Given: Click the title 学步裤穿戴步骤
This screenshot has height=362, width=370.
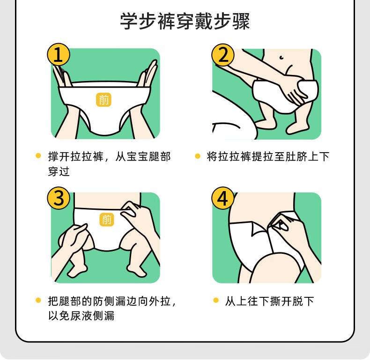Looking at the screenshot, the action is (x=185, y=21).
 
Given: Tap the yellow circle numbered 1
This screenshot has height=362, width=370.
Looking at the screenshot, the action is (x=59, y=55).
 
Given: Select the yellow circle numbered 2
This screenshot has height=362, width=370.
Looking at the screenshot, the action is (x=223, y=55).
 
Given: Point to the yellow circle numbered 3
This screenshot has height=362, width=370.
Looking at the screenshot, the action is (x=59, y=198).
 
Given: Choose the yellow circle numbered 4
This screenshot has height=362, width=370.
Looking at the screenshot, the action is (x=223, y=198).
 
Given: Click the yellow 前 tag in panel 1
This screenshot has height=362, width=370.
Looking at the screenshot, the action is (x=104, y=100).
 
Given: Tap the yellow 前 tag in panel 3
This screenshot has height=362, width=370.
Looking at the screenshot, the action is (x=107, y=219).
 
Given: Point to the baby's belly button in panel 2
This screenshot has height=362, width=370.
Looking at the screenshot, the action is (x=281, y=57).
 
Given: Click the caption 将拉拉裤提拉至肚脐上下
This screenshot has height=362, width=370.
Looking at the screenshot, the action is (x=268, y=157).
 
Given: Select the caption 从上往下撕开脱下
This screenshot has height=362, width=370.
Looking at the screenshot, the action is (x=269, y=301).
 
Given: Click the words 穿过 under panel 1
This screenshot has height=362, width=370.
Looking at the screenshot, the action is (x=59, y=171).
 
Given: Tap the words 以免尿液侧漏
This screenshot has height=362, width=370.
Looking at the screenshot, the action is (x=81, y=316).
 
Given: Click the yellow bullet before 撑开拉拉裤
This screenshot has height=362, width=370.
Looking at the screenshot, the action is (x=38, y=156).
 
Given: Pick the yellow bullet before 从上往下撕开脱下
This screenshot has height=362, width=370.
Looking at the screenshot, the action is (x=215, y=300).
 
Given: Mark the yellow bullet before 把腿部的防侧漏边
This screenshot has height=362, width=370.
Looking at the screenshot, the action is (x=38, y=300).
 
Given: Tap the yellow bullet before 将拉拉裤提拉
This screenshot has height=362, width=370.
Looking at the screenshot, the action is (x=198, y=156).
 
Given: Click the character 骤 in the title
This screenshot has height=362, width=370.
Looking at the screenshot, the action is (x=241, y=21).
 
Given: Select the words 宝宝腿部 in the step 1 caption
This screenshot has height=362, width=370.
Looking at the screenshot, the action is (x=148, y=157).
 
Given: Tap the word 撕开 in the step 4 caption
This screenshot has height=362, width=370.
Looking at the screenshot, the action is (x=281, y=301).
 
